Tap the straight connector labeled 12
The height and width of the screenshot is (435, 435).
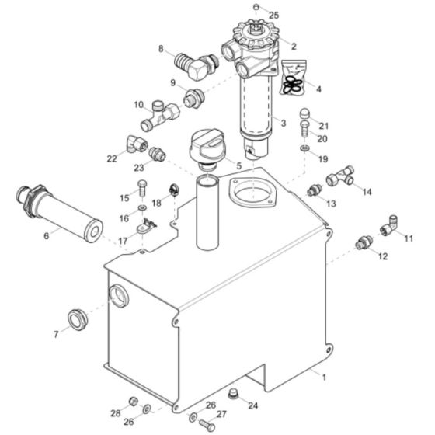361,244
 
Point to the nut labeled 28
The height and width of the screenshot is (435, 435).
133,401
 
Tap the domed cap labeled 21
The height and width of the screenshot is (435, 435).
305,117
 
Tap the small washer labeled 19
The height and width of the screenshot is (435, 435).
304,146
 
